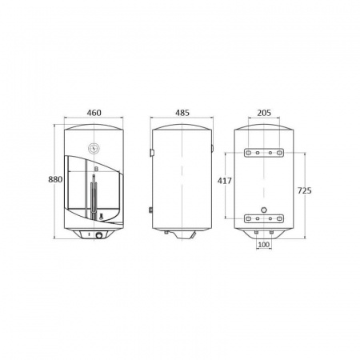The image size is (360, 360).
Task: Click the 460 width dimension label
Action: pyautogui.click(x=94, y=114)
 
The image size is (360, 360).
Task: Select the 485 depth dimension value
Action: pyautogui.click(x=183, y=114)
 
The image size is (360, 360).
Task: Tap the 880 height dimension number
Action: pyautogui.click(x=55, y=180)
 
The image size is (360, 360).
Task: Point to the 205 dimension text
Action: pyautogui.click(x=264, y=114)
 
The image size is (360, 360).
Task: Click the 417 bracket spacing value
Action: pyautogui.click(x=224, y=182)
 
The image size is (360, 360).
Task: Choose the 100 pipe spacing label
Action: pyautogui.click(x=264, y=244)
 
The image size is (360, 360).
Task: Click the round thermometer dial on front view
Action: pyautogui.click(x=94, y=147)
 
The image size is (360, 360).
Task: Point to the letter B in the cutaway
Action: pyautogui.click(x=95, y=170)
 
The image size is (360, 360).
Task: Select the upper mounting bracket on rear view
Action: pyautogui.click(x=264, y=152)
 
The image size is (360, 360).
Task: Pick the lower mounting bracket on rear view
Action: pyautogui.click(x=264, y=216)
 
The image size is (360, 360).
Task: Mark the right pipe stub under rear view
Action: pyautogui.click(x=271, y=233)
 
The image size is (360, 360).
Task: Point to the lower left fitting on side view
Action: pyautogui.click(x=151, y=210)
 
